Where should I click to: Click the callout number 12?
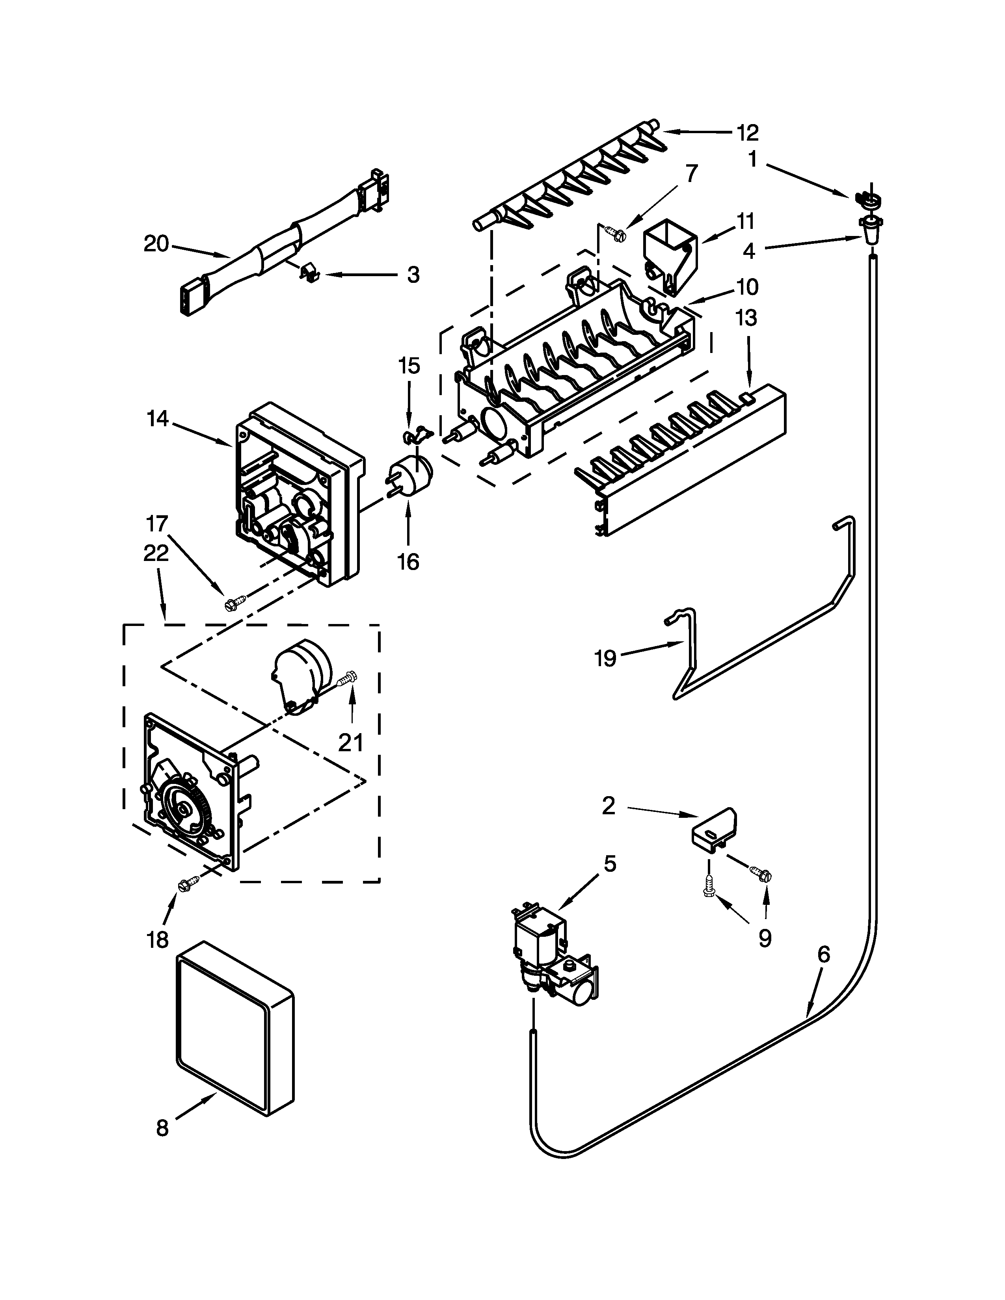point(747,133)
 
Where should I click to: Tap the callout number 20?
point(156,244)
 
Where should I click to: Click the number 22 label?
point(156,553)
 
